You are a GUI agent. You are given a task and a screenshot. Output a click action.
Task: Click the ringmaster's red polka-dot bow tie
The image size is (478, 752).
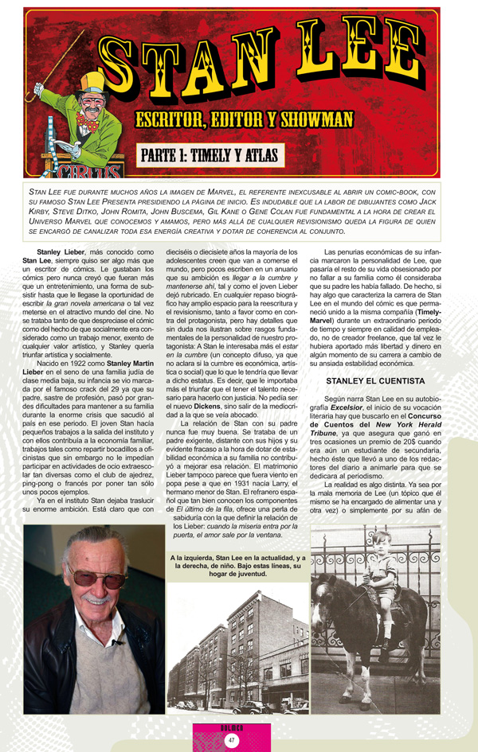click(90, 124)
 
